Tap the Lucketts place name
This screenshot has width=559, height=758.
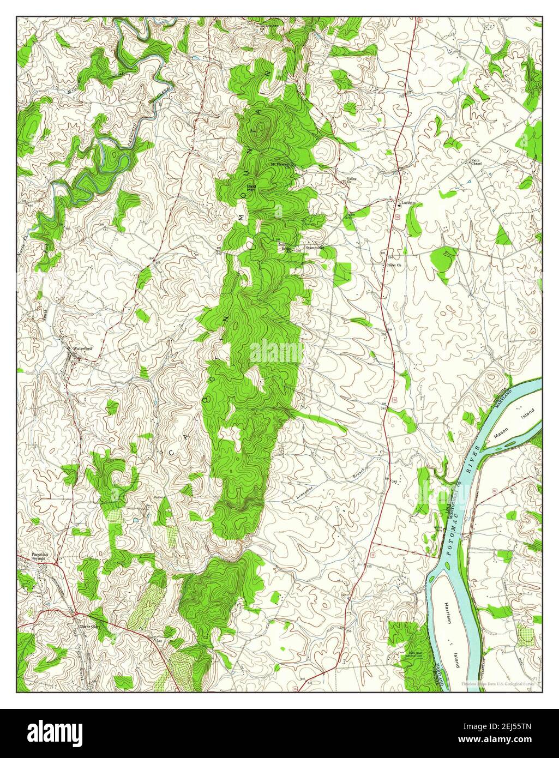pyautogui.click(x=408, y=203)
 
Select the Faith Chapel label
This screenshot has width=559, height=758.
pyautogui.click(x=477, y=162)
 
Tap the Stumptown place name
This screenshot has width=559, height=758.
pyautogui.click(x=315, y=248)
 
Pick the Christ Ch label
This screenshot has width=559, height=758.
pyautogui.click(x=394, y=266)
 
